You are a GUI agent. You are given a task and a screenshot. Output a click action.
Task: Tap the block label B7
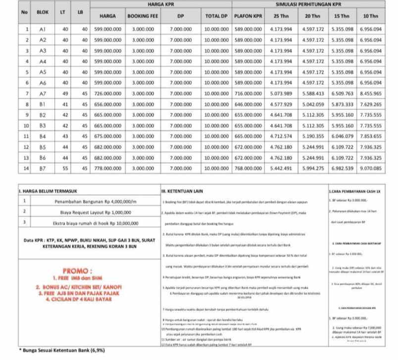(x=43, y=168)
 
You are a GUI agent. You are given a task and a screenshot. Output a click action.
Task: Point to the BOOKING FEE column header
(x=143, y=16)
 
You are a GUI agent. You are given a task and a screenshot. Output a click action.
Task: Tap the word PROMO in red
(x=77, y=271)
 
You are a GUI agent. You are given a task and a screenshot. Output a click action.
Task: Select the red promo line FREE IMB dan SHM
(x=77, y=279)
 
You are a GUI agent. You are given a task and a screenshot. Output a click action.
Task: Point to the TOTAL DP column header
(x=216, y=16)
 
